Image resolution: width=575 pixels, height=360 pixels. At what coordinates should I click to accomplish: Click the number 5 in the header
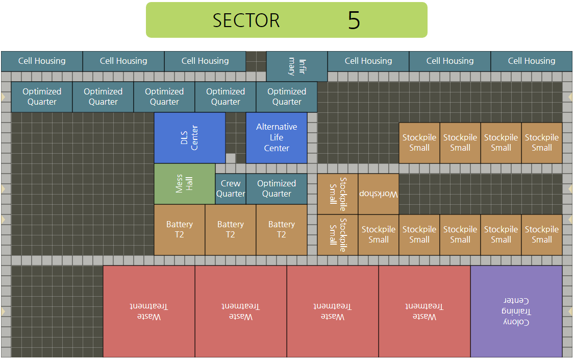coord(354,20)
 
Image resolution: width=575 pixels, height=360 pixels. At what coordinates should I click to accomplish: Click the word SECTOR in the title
coord(246,20)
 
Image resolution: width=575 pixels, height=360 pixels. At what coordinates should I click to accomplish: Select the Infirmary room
coord(297,66)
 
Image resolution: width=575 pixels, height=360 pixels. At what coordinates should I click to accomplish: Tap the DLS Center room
coord(190,138)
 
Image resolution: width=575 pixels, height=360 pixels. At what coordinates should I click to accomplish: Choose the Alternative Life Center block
coord(277,138)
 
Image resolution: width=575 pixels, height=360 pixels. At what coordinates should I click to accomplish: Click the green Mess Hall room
coord(185,184)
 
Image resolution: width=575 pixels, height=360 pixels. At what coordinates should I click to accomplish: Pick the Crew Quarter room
coord(231,189)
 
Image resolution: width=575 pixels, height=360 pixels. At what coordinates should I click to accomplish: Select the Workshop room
coord(379,194)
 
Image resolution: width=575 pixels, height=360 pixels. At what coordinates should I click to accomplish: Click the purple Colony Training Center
coord(516,311)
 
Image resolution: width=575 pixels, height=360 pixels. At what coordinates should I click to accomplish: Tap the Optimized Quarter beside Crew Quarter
coord(277,189)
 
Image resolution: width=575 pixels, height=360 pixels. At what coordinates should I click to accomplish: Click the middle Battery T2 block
coord(231,230)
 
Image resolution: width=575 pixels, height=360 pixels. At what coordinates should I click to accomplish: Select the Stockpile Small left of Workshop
coord(338,194)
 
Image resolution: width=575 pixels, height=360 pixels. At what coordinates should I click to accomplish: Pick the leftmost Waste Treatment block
coord(149,311)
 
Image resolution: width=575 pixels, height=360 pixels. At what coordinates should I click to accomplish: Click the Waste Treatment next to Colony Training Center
coord(424,311)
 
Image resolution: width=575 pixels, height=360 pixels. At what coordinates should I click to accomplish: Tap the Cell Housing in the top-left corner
coord(42,61)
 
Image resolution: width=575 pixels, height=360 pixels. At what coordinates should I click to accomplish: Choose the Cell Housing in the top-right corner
coord(532,61)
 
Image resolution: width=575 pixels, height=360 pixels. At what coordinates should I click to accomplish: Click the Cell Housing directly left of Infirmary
coord(205,61)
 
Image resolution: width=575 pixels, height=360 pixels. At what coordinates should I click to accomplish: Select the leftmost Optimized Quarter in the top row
coord(42,97)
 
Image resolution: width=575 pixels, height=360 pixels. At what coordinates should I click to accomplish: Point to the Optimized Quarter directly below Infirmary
coord(287,97)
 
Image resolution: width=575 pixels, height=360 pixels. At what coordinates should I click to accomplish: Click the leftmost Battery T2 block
coord(180,230)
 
